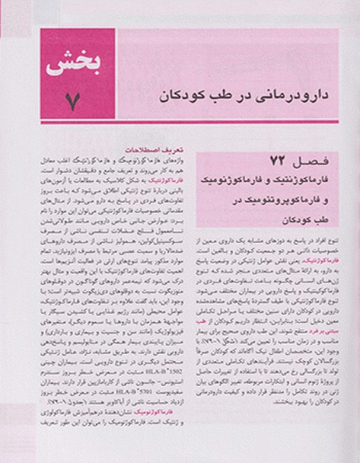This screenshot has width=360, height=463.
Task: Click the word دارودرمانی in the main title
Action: tap(261, 95)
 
